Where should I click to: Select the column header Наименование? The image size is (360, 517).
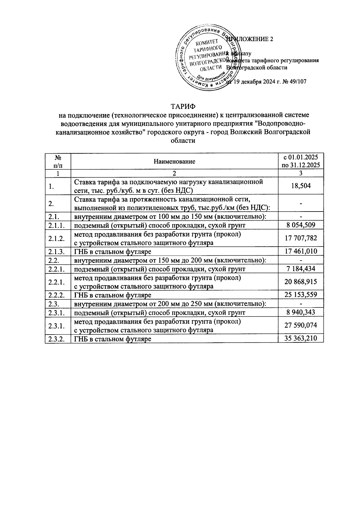[x=174, y=161]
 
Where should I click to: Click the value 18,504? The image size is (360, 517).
[x=301, y=186]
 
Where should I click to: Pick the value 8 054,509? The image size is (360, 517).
[x=301, y=225]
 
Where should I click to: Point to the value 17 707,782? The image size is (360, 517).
[x=301, y=238]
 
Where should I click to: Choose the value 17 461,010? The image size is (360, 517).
[x=301, y=251]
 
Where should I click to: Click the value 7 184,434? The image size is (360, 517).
[x=301, y=269]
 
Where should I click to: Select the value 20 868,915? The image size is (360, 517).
[x=301, y=282]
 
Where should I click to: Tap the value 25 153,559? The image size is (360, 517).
[x=301, y=295]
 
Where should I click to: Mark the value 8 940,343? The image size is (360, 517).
[x=301, y=313]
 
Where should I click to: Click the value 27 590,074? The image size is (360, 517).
[x=301, y=326]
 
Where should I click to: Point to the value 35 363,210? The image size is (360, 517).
[x=301, y=339]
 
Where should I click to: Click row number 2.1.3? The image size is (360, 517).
[x=57, y=251]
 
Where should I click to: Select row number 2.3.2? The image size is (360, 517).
[x=57, y=339]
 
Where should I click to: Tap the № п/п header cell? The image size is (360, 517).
[x=58, y=161]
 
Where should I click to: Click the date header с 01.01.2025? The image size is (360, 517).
[x=301, y=158]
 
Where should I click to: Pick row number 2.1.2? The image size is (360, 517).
[x=57, y=238]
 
